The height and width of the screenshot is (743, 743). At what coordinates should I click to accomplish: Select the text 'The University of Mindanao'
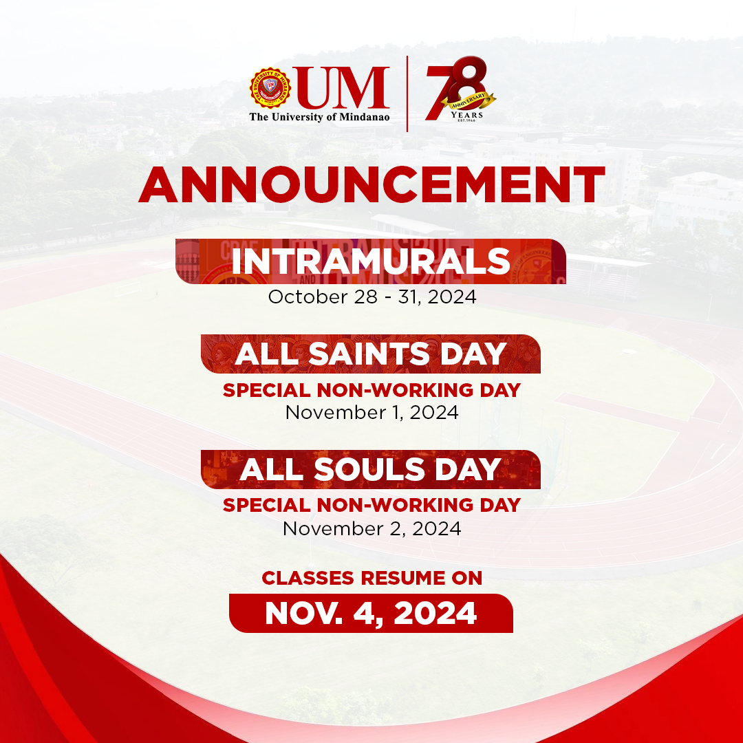pyautogui.click(x=320, y=117)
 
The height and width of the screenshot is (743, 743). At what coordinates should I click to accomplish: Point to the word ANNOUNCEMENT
pyautogui.click(x=371, y=184)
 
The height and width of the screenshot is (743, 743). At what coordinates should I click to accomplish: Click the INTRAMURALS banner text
pyautogui.click(x=371, y=261)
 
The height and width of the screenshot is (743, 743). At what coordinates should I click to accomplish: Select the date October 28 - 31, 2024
pyautogui.click(x=372, y=298)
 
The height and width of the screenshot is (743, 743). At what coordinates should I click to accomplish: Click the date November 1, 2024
pyautogui.click(x=372, y=413)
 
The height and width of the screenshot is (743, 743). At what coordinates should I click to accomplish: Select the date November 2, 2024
pyautogui.click(x=372, y=528)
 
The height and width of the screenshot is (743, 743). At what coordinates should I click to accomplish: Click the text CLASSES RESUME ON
pyautogui.click(x=372, y=578)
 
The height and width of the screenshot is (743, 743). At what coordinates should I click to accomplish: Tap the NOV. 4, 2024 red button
pyautogui.click(x=371, y=613)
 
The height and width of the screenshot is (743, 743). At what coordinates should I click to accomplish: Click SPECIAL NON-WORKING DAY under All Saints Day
pyautogui.click(x=371, y=390)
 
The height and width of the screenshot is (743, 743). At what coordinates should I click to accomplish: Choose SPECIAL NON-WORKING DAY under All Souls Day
pyautogui.click(x=371, y=506)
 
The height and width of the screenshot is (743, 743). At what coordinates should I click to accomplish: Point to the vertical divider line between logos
pyautogui.click(x=407, y=93)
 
